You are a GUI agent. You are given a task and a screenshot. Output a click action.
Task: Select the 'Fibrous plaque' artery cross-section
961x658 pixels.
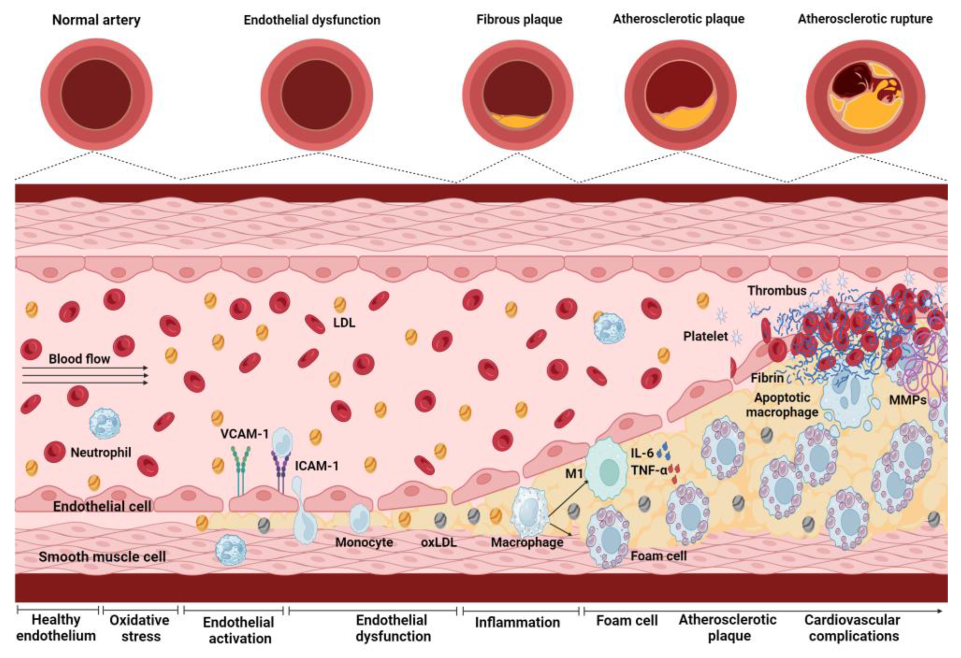[518, 95]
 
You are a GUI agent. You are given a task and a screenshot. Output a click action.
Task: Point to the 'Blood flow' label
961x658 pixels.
[79, 359]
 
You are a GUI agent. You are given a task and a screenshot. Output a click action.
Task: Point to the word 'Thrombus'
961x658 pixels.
[777, 290]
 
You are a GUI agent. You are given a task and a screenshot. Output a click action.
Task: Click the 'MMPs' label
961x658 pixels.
[907, 400]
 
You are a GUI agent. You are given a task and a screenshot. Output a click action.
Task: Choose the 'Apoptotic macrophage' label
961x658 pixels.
[782, 405]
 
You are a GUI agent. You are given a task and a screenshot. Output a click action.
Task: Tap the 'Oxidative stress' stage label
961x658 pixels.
[140, 628]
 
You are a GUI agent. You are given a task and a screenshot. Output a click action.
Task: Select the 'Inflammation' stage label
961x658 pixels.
[517, 622]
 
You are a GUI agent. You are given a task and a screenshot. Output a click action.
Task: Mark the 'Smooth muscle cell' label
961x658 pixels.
[102, 557]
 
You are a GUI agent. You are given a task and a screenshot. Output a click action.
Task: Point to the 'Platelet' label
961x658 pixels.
[705, 336]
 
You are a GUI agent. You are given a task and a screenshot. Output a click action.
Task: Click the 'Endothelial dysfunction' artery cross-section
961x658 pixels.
[317, 95]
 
